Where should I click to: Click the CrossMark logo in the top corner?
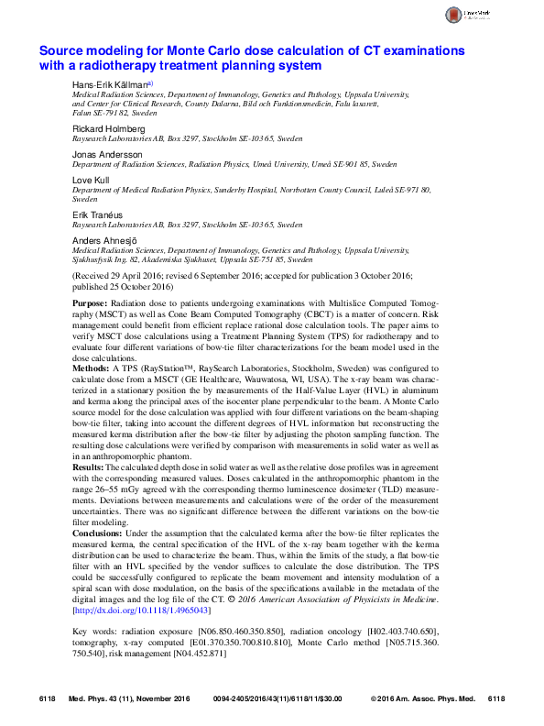[475, 16]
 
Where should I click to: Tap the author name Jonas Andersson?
[107, 154]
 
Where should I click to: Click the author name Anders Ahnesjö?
[107, 238]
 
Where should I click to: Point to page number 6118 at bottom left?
[48, 698]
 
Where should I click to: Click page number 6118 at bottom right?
[496, 698]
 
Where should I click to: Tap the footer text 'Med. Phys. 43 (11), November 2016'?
[129, 698]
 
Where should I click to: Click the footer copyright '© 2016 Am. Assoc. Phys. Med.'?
[423, 698]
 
